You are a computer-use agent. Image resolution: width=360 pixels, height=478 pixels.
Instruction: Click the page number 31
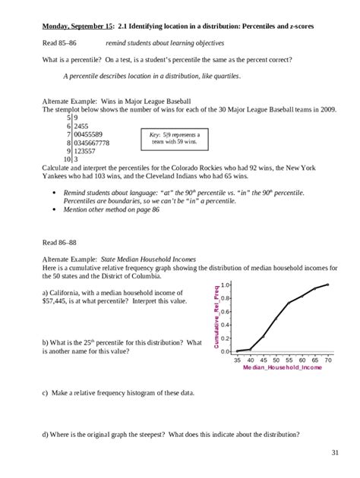coord(335,453)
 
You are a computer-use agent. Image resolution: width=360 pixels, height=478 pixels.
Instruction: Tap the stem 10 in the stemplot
coord(67,159)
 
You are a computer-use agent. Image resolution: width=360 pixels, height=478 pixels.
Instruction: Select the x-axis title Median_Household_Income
coord(282,366)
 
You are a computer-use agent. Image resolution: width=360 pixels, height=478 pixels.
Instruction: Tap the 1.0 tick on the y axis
coord(226,284)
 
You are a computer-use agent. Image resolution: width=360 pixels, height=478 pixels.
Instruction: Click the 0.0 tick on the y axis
coord(226,351)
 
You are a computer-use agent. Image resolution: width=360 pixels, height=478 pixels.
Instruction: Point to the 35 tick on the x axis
coord(238,359)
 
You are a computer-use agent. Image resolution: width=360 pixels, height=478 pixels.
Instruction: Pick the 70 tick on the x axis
coord(328,359)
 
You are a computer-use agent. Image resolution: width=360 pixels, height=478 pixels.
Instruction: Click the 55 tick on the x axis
coord(289,359)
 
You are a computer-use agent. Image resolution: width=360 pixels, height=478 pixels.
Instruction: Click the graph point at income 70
coord(328,285)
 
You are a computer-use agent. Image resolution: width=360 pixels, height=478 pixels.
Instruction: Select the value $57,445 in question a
coord(56,300)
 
